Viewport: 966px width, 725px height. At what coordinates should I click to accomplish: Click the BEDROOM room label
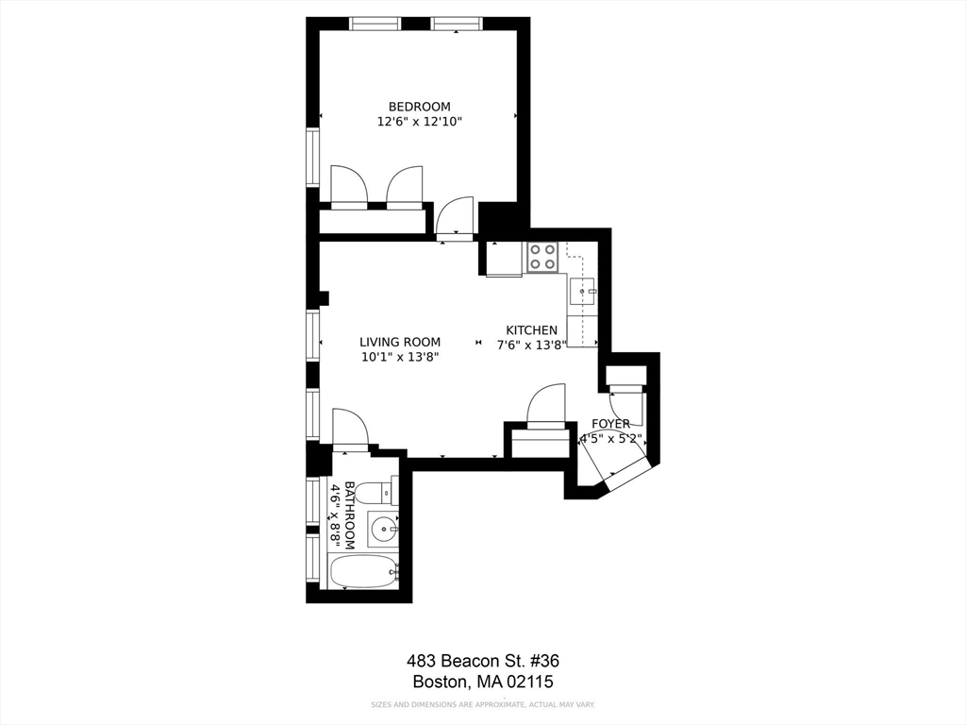(x=419, y=107)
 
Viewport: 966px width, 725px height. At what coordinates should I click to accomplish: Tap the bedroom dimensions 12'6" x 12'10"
(x=419, y=122)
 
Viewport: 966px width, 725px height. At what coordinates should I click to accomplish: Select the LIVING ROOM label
(x=400, y=342)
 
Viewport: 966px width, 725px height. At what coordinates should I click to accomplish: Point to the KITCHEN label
(x=532, y=329)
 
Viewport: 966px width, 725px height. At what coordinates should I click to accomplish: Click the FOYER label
(x=610, y=424)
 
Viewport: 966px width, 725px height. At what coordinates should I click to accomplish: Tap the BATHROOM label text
(x=350, y=515)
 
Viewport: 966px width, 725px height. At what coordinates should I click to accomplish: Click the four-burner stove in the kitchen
(x=542, y=257)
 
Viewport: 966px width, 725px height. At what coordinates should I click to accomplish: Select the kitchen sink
(x=582, y=292)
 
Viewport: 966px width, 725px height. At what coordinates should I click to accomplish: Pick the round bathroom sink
(x=383, y=529)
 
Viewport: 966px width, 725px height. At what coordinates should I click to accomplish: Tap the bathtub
(x=363, y=571)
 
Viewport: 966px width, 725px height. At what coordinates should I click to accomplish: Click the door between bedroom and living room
(x=455, y=218)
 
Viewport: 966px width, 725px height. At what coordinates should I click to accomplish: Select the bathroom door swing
(x=350, y=427)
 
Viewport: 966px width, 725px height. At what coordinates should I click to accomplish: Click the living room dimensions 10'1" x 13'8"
(x=400, y=357)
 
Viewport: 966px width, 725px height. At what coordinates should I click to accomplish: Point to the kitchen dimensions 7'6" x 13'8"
(x=532, y=346)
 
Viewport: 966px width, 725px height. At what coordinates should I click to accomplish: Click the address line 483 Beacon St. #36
(x=483, y=661)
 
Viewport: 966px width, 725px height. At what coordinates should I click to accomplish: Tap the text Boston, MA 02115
(x=483, y=682)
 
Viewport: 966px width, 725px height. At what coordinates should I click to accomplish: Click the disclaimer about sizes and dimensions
(x=482, y=704)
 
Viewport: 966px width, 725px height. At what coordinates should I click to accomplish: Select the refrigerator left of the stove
(x=505, y=259)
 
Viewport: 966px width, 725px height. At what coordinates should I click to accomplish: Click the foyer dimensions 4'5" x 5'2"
(x=611, y=440)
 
